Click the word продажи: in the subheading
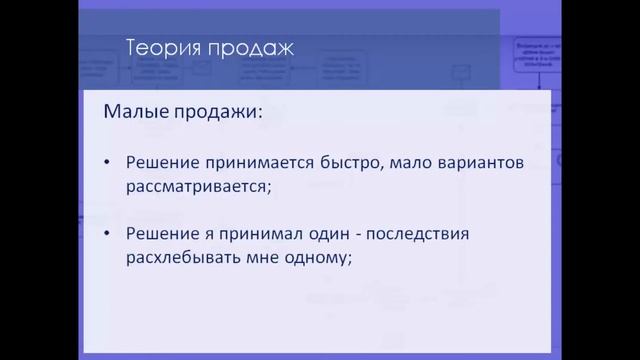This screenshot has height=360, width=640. click(x=215, y=112)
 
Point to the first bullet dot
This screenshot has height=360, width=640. click(x=108, y=161)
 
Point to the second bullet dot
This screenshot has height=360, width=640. click(x=108, y=235)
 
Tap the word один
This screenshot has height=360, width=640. click(x=336, y=234)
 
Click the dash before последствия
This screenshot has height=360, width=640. click(x=370, y=235)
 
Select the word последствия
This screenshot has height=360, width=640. click(x=434, y=235)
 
